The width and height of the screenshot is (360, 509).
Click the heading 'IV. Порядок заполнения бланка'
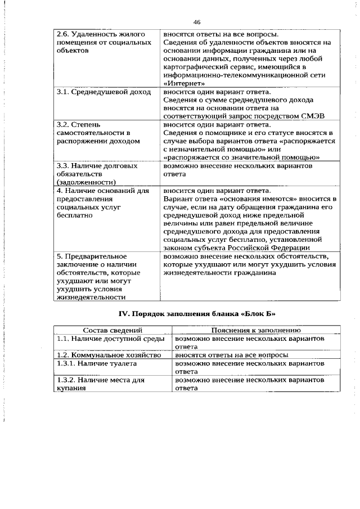[180, 313]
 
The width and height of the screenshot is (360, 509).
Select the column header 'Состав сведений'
[112, 330]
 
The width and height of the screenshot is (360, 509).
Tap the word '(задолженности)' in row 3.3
[87, 182]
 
